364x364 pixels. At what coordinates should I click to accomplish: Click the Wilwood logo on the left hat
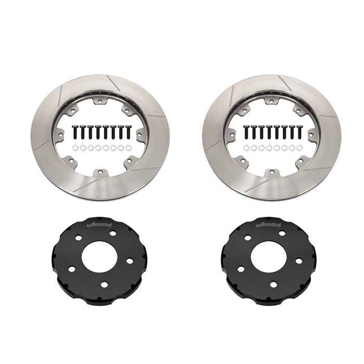pos(99,225)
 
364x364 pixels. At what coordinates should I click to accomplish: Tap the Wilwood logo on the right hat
pos(269,225)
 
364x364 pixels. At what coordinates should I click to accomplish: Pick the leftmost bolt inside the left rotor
pos(75,132)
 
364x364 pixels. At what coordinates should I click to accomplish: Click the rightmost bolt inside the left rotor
pos(128,132)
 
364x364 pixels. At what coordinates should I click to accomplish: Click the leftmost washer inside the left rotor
pos(75,148)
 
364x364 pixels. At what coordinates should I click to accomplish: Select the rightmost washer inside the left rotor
pos(128,148)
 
